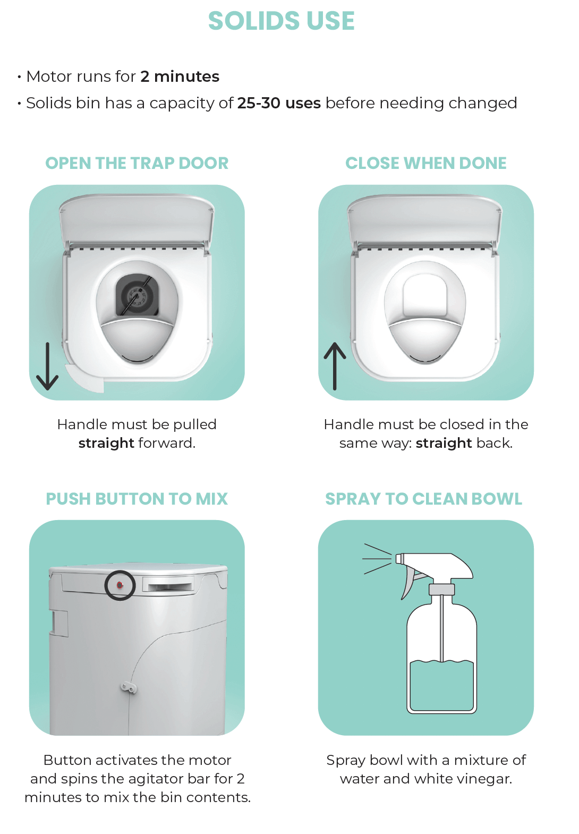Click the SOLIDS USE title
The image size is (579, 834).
(x=281, y=21)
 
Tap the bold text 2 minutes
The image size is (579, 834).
(x=180, y=76)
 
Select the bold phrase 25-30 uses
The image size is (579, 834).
(x=279, y=103)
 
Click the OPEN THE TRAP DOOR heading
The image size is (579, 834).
(x=137, y=163)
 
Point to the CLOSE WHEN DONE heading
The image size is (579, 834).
(x=425, y=163)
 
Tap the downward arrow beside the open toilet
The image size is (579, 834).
(x=47, y=366)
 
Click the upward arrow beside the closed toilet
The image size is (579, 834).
(x=335, y=366)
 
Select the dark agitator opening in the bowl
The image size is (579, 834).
(x=137, y=295)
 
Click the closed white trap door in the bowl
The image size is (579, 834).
(x=425, y=295)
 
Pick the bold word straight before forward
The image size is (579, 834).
(x=106, y=443)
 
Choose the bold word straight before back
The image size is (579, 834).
(x=444, y=443)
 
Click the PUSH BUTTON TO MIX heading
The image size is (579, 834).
(x=137, y=499)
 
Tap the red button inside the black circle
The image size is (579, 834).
(x=120, y=585)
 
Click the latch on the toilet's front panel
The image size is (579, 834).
(x=128, y=688)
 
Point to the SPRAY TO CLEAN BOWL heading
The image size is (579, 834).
(x=423, y=499)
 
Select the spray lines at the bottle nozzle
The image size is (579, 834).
(x=377, y=559)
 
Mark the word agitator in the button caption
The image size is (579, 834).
(x=156, y=779)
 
